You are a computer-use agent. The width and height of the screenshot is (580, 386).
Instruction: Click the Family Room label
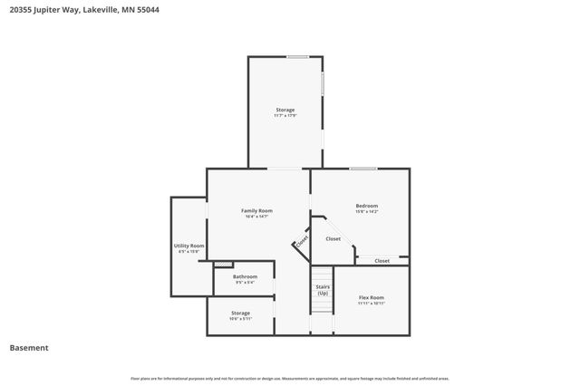(x=256, y=210)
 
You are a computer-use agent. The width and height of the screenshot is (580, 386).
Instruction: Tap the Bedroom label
(x=366, y=206)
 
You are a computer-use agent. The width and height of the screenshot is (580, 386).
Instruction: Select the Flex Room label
(x=372, y=297)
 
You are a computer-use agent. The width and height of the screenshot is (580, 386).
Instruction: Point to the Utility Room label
(x=189, y=246)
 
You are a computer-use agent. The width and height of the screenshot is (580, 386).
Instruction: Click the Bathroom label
(x=245, y=276)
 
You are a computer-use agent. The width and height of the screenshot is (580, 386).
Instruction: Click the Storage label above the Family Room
(x=285, y=110)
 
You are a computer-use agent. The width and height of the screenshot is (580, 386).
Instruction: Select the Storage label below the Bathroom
(x=240, y=313)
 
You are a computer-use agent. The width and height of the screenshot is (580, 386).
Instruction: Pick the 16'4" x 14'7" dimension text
(x=256, y=217)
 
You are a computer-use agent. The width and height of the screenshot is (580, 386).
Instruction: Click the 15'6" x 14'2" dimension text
(x=366, y=212)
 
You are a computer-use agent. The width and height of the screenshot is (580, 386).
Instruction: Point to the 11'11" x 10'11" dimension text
(x=372, y=304)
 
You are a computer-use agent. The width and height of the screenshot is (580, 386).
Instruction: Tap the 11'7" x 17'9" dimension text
(x=285, y=116)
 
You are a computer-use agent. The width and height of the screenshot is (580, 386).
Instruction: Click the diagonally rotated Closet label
(x=300, y=242)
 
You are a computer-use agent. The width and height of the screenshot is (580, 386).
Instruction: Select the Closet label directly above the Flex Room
(x=382, y=261)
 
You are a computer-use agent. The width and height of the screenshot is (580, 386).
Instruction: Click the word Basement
(x=29, y=348)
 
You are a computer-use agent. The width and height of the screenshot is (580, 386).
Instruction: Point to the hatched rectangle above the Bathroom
(x=217, y=265)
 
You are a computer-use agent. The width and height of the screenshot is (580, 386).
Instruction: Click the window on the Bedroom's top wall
(x=363, y=169)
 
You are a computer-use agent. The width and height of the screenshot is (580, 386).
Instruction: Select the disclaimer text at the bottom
(x=290, y=379)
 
